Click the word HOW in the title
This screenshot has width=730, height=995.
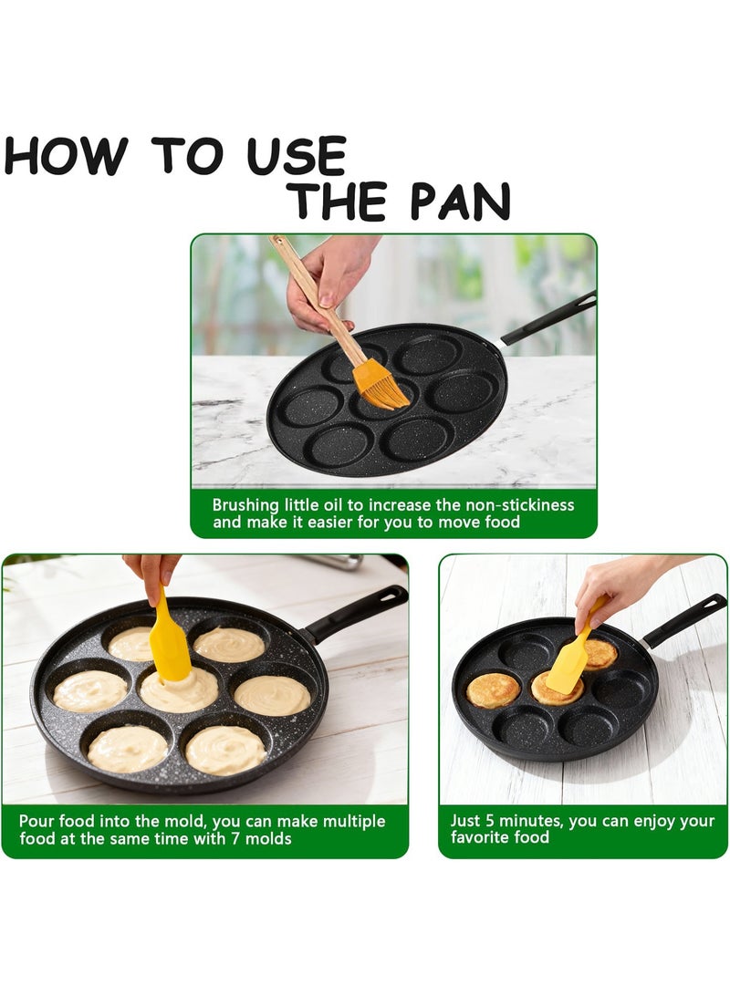[x=66, y=155]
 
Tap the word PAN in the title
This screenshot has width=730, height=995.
[x=460, y=202]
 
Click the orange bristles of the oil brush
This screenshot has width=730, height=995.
[x=381, y=386]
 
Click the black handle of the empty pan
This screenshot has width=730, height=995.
[x=548, y=317]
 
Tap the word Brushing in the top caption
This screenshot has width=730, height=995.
[x=245, y=506]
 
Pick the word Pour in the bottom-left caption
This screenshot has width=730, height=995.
[x=36, y=821]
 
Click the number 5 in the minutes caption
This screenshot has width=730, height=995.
[x=490, y=821]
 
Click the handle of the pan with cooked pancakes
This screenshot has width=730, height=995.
[x=683, y=620]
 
